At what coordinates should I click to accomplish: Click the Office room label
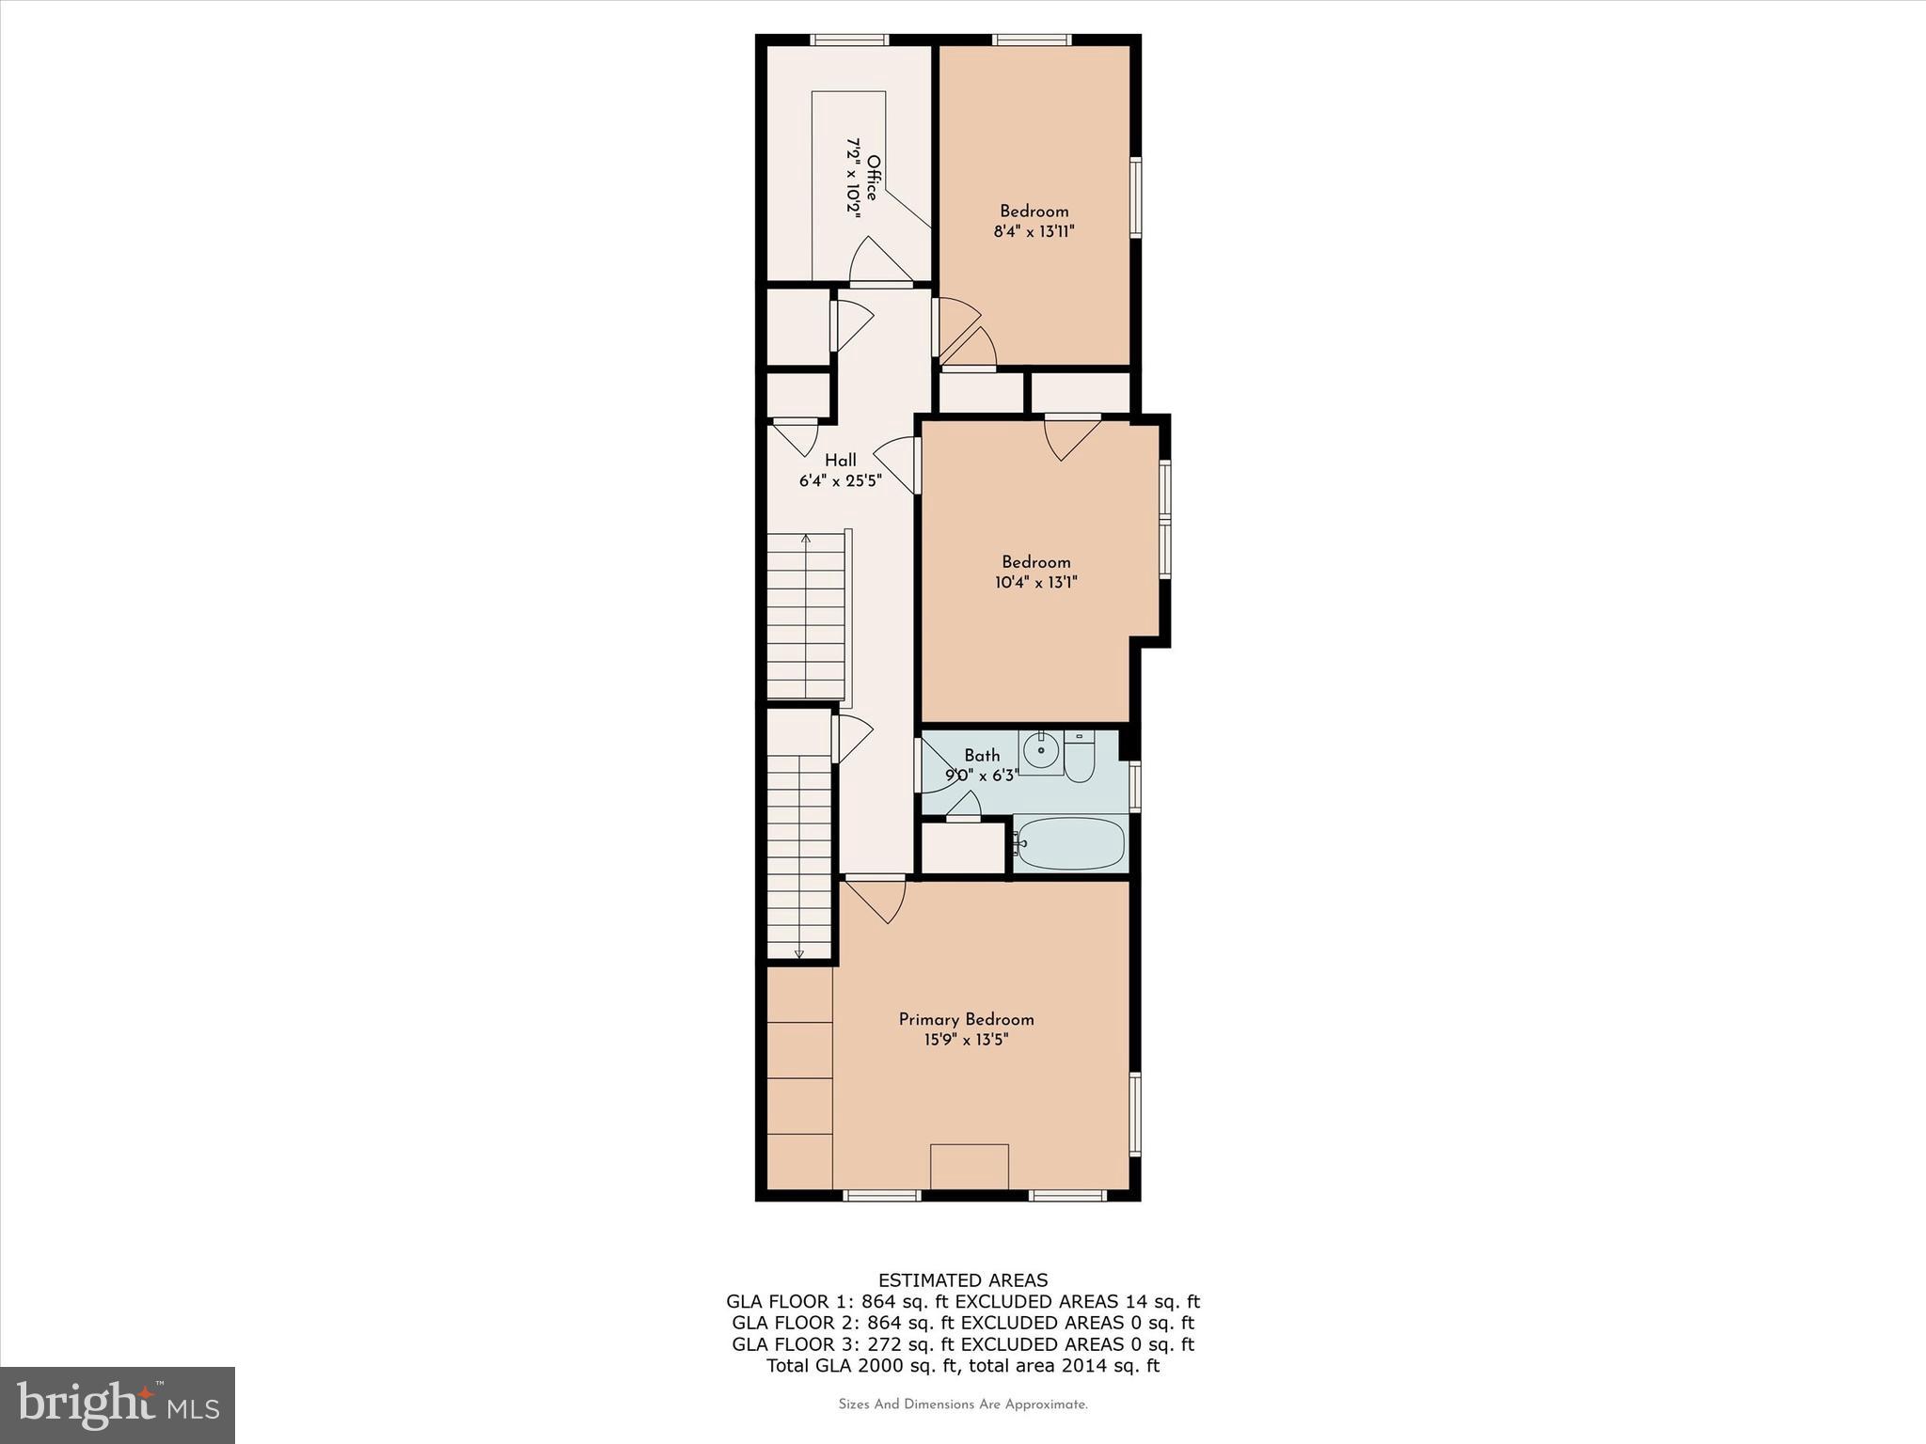click(873, 178)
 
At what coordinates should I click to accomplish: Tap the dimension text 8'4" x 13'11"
click(1034, 231)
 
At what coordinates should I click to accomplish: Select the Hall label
click(841, 461)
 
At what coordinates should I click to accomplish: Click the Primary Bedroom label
click(966, 1019)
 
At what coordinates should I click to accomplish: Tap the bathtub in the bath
click(1071, 843)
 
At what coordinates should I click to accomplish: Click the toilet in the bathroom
click(1080, 760)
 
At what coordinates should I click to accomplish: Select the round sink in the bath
click(1041, 750)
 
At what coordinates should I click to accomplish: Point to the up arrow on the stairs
click(805, 541)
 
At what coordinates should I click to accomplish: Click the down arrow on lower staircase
click(799, 952)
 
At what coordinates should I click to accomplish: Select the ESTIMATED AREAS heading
click(962, 1280)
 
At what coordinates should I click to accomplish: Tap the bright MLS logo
click(118, 1405)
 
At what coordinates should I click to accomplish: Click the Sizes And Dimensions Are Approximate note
click(963, 1405)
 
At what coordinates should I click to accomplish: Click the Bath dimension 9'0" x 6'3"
click(982, 776)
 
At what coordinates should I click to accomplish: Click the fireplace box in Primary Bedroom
click(969, 1167)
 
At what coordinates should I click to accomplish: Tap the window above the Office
click(849, 39)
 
